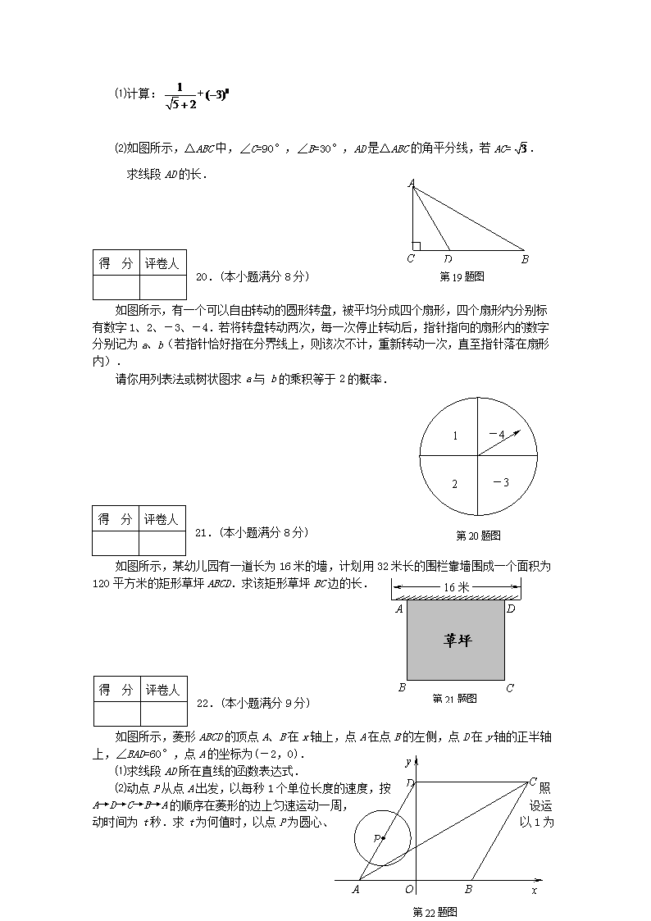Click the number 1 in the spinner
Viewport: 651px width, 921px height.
[x=455, y=435]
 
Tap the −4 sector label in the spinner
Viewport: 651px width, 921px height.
[x=496, y=434]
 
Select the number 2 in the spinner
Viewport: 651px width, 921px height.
[x=455, y=484]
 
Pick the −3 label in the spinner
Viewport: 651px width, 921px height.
[x=500, y=482]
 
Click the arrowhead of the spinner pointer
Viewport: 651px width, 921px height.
[x=517, y=431]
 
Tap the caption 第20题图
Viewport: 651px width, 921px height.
[x=478, y=536]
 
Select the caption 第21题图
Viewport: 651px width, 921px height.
[x=454, y=699]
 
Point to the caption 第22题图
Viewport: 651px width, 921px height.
[x=434, y=911]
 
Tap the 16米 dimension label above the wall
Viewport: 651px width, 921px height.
[x=457, y=587]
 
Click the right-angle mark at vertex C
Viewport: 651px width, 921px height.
[x=417, y=245]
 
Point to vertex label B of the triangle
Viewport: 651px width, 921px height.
[x=525, y=260]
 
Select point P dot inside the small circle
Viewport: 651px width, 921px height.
[x=383, y=837]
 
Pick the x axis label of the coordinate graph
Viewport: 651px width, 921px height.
[x=534, y=889]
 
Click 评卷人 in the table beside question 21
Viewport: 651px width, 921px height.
[x=162, y=519]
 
